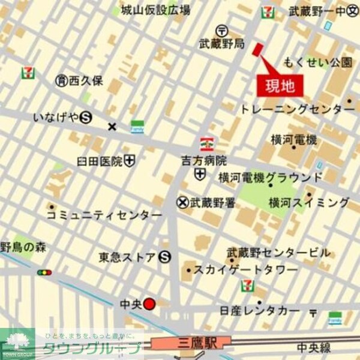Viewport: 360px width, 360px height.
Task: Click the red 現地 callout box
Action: [280, 86]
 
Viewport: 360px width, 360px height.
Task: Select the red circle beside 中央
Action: [150, 304]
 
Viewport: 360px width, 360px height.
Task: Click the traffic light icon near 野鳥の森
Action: [44, 272]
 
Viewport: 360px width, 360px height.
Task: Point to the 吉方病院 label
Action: [205, 161]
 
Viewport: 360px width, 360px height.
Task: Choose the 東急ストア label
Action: [127, 257]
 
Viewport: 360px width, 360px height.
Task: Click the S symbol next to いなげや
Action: [86, 118]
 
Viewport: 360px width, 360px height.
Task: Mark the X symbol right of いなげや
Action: [112, 126]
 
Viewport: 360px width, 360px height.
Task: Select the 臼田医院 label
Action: [100, 161]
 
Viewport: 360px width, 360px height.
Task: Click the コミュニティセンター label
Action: [104, 215]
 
